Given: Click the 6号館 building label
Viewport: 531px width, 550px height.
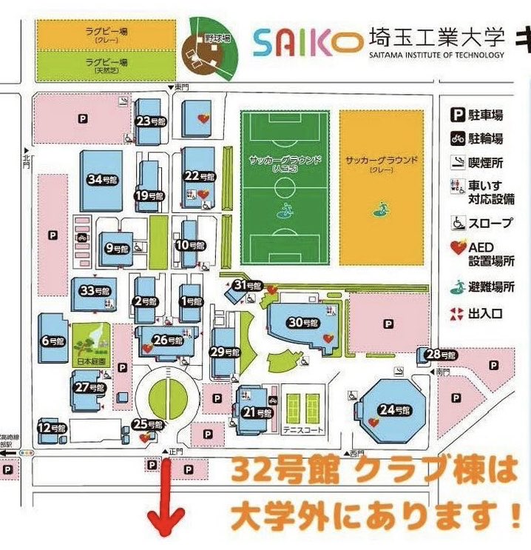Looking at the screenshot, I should [x=54, y=341].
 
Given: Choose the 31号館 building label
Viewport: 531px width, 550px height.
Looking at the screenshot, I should [x=248, y=285].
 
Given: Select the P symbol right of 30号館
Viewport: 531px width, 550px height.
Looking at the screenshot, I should [x=388, y=323].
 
